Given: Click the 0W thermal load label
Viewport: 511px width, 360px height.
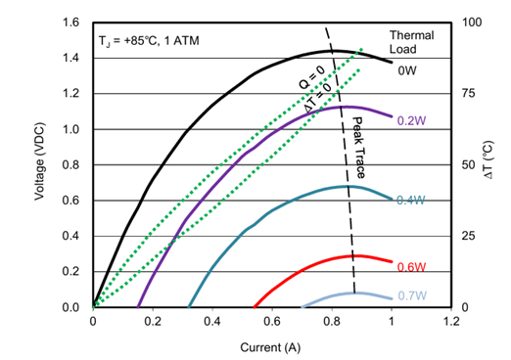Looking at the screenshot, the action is [407, 70].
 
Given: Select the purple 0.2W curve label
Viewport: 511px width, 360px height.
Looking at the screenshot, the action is [411, 121].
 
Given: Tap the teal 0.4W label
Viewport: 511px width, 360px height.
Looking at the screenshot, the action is [411, 200].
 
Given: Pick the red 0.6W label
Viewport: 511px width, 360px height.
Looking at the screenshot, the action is [411, 267].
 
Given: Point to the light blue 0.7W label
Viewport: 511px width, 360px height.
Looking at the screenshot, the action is [412, 295].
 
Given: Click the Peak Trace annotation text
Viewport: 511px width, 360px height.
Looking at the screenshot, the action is [358, 148].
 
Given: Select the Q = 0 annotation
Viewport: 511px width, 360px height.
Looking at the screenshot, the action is [312, 77].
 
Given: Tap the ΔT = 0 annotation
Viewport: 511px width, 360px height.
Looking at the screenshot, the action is [317, 97].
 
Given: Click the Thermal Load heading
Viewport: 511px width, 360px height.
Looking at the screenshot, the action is [412, 42].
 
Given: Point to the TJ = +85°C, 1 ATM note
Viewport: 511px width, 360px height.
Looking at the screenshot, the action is [149, 41].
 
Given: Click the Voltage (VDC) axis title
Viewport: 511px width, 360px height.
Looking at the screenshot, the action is [39, 161].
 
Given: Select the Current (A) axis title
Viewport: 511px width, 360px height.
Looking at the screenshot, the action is [270, 347].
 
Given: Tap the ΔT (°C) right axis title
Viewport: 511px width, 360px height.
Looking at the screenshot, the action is [488, 159].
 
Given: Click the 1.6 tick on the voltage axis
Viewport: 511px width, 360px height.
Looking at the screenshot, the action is [70, 22].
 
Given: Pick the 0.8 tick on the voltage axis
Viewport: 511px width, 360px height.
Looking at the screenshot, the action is [70, 165].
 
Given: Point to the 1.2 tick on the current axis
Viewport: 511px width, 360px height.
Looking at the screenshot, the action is [451, 322].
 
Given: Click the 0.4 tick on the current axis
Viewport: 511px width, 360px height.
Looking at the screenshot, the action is [212, 322].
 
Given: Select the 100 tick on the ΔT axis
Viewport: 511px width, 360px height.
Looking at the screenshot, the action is [472, 22].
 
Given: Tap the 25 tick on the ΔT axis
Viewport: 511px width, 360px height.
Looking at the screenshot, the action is [468, 236].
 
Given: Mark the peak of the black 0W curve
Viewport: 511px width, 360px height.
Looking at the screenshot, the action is [336, 51].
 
